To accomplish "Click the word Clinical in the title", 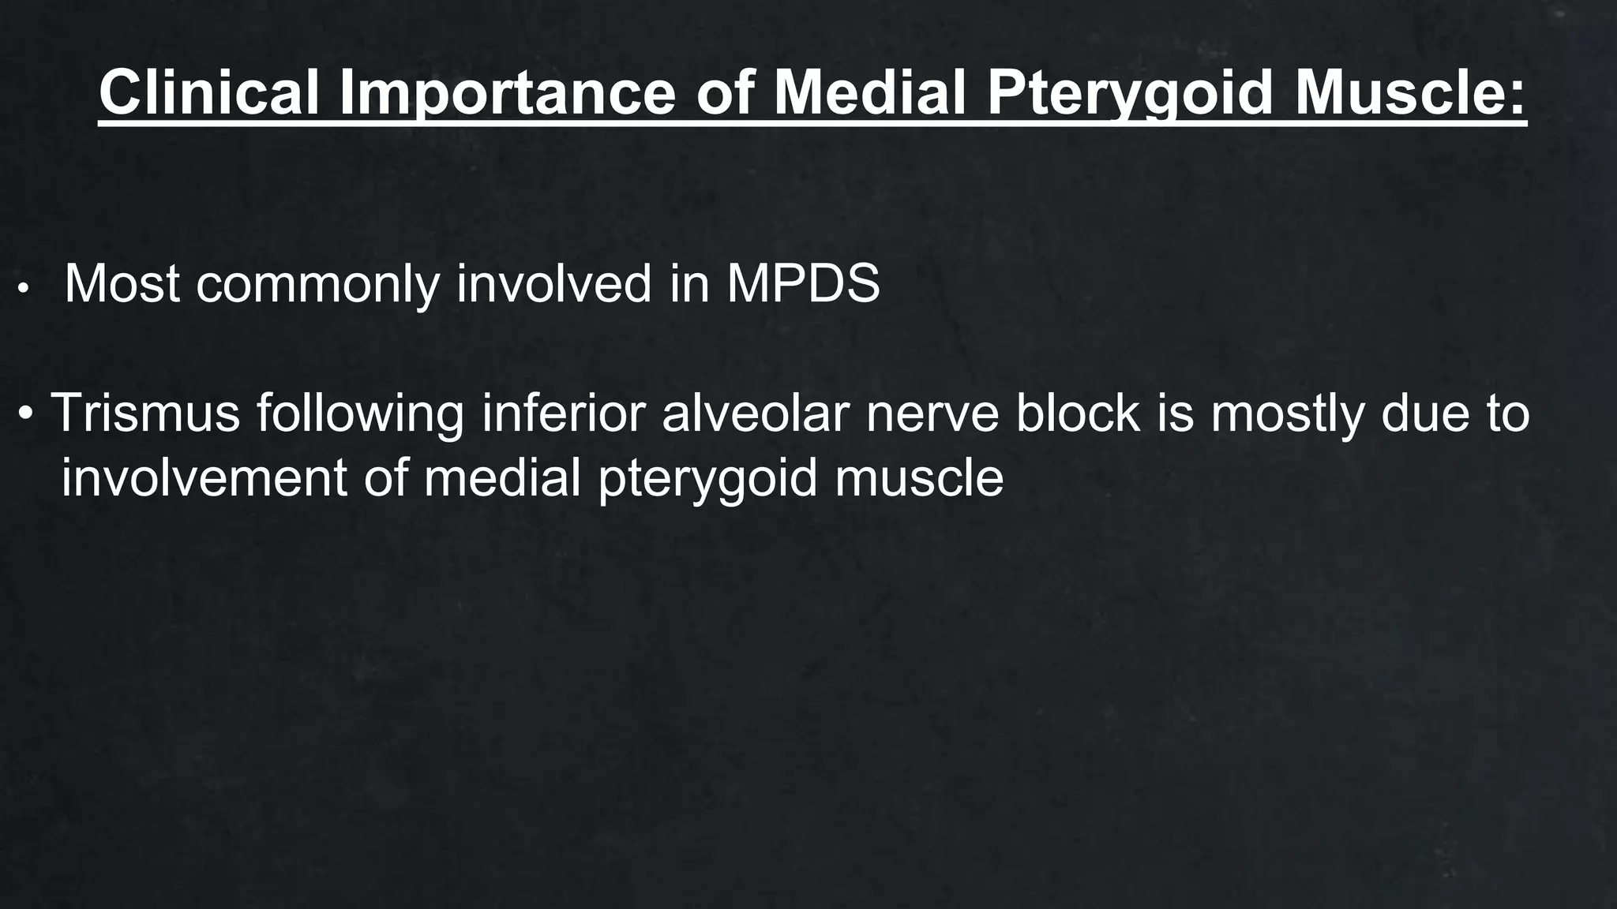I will pyautogui.click(x=209, y=93).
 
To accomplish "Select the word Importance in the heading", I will pyautogui.click(x=508, y=93).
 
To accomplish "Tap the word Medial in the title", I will pyautogui.click(x=870, y=93).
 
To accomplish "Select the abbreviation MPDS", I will pyautogui.click(x=802, y=283).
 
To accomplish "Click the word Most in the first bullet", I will pyautogui.click(x=122, y=283).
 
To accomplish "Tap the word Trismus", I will pyautogui.click(x=145, y=413).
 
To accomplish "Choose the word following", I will pyautogui.click(x=360, y=413).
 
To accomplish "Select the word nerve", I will pyautogui.click(x=932, y=413).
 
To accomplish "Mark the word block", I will pyautogui.click(x=1078, y=413).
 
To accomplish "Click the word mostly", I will pyautogui.click(x=1287, y=413).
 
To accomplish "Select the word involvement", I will pyautogui.click(x=204, y=478).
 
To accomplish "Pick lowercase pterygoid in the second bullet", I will pyautogui.click(x=707, y=478).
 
